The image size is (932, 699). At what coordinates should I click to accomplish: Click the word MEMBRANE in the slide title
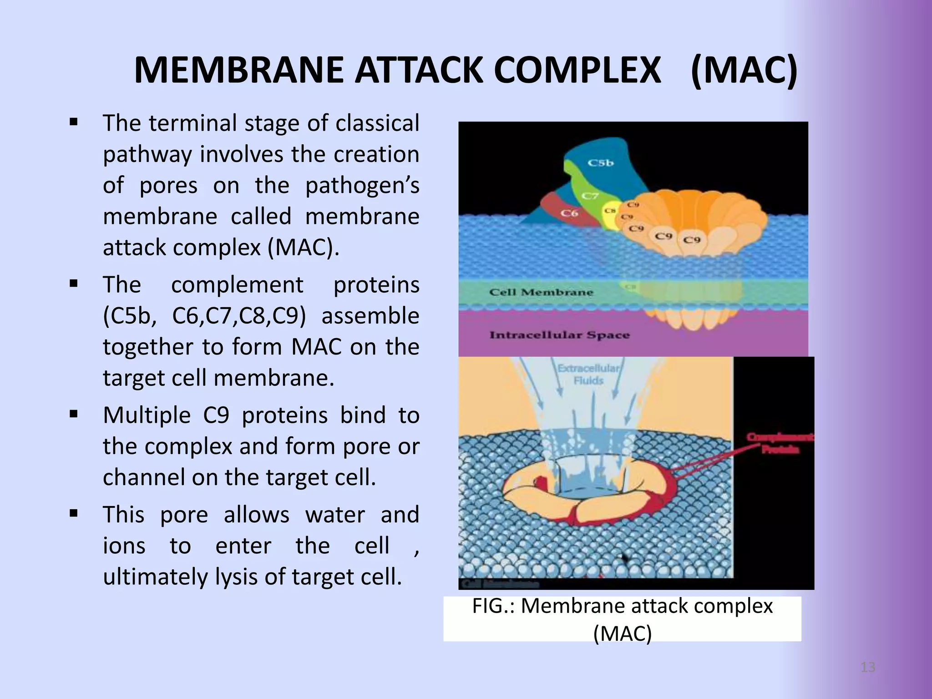point(238,71)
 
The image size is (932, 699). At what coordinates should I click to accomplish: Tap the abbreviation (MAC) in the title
point(744,71)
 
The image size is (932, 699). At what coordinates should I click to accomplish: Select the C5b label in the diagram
point(601,162)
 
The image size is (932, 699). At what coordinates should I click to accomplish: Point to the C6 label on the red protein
point(569,213)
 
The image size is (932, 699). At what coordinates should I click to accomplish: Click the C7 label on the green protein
point(590,196)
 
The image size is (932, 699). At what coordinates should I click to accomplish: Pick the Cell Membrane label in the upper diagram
point(541,292)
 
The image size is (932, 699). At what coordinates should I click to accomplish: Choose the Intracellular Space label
point(559,335)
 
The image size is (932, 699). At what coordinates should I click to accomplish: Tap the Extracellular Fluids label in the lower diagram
point(588,374)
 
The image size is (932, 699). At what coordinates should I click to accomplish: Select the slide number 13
point(868,668)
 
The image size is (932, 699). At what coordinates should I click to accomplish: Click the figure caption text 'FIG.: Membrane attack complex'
point(622,606)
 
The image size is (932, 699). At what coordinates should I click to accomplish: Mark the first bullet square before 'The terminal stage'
point(74,122)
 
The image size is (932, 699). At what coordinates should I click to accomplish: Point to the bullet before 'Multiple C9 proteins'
point(74,415)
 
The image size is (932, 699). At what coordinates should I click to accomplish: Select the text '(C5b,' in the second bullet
point(129,316)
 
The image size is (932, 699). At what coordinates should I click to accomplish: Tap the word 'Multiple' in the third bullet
point(147,415)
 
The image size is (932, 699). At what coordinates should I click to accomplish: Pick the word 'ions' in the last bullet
point(124,546)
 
